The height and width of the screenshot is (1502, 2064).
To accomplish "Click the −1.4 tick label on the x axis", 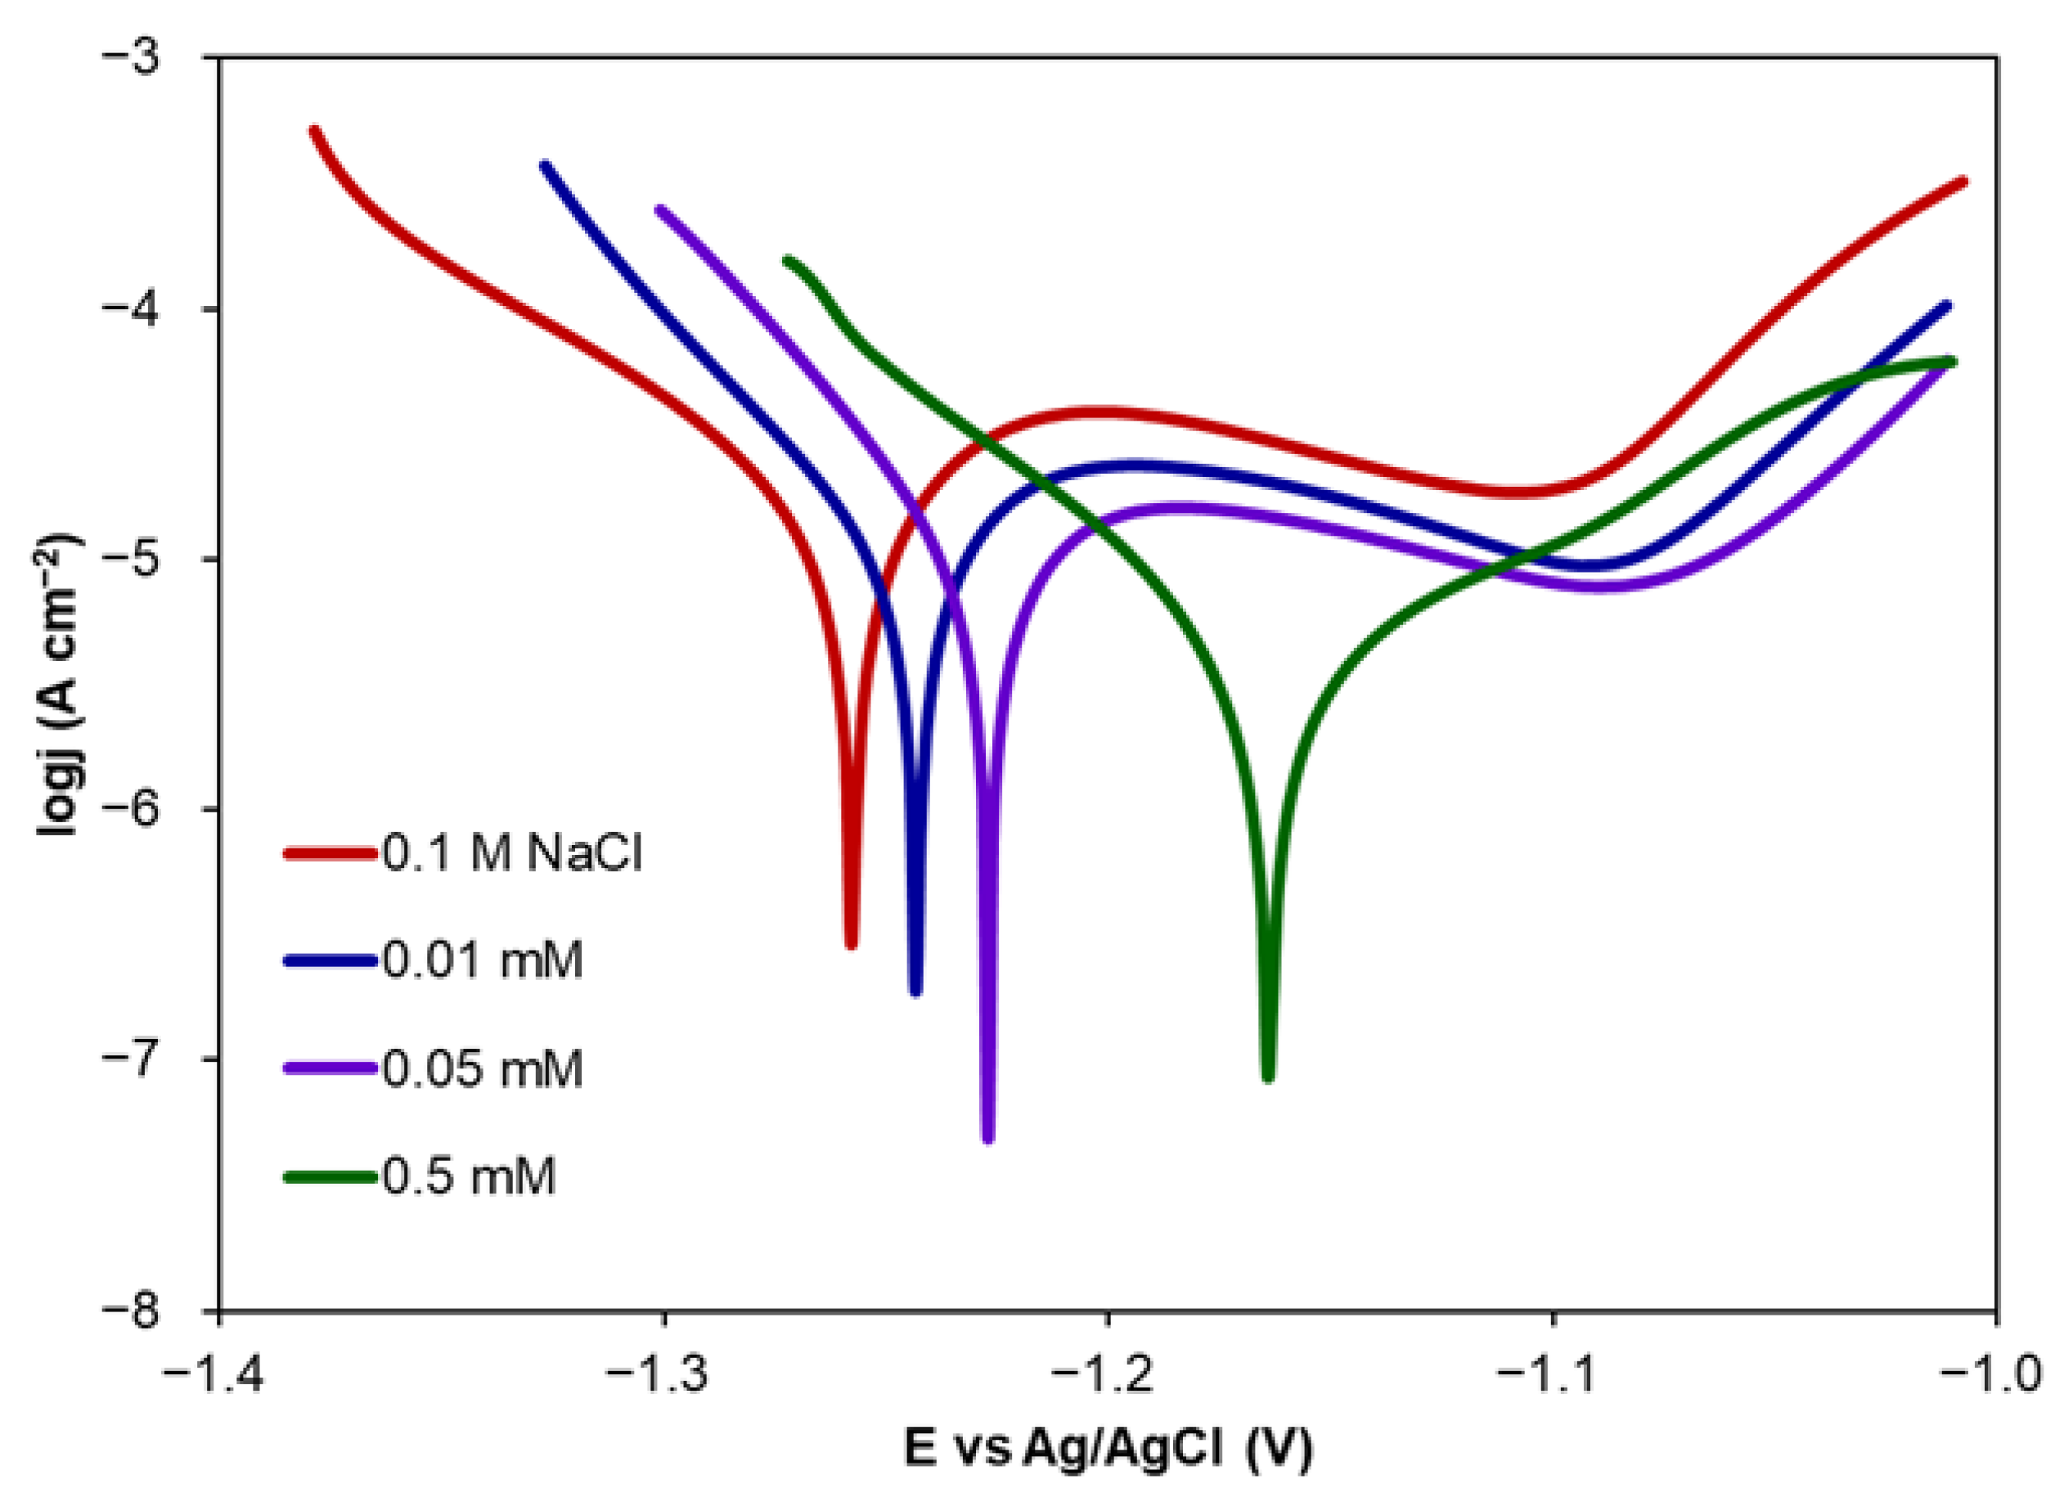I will click(x=213, y=1374).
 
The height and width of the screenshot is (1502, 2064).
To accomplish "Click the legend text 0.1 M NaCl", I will click(x=512, y=855).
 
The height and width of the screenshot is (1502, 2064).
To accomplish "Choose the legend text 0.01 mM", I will click(x=483, y=961).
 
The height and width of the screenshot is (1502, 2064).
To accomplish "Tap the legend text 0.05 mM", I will click(x=483, y=1068).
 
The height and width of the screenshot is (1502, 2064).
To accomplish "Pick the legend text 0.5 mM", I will click(x=469, y=1176).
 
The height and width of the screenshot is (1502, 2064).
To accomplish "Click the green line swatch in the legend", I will click(x=330, y=1176).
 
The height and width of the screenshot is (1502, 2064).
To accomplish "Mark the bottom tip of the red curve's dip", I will click(x=852, y=944).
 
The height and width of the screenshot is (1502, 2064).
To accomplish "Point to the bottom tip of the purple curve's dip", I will click(x=988, y=1138).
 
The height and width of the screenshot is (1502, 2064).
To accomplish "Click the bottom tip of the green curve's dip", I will click(x=1268, y=1079).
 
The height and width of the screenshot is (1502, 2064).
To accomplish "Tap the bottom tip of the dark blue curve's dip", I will click(x=916, y=992).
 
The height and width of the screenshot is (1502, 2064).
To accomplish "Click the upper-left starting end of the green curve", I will click(x=788, y=261).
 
